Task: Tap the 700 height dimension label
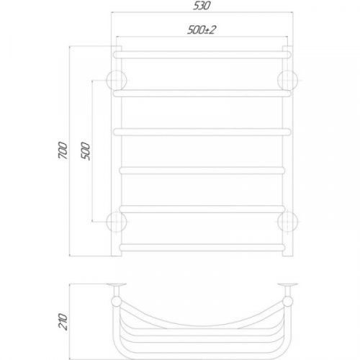coord(63,151)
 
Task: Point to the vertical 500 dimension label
coord(84,152)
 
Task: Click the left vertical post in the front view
coord(117,151)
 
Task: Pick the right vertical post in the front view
coord(289,151)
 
